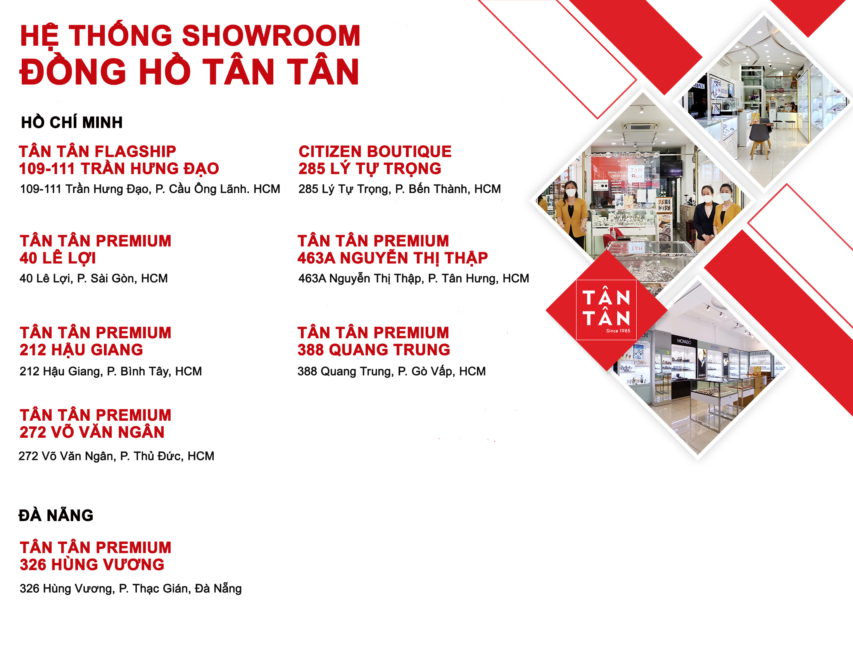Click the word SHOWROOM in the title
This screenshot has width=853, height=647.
271,35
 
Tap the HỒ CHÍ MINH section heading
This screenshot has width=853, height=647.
72,122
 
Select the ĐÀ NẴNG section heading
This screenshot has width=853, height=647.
56,515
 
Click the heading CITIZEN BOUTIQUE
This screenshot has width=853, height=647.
375,151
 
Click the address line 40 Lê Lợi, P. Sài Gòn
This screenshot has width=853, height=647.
93,278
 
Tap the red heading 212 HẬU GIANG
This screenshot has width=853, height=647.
81,350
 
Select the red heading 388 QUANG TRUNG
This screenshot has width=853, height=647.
374,350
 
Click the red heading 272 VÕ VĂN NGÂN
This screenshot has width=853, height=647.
92,432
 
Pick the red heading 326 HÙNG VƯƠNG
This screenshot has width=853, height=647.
92,564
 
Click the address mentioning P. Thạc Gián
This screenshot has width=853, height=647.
131,588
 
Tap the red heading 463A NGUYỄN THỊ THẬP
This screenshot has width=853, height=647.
392,258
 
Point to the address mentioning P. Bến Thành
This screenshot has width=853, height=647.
399,189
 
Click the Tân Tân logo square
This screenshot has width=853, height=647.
606,310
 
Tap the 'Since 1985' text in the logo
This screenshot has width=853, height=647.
618,331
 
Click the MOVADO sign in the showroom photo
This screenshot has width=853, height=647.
684,341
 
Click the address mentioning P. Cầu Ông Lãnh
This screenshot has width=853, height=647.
150,189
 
